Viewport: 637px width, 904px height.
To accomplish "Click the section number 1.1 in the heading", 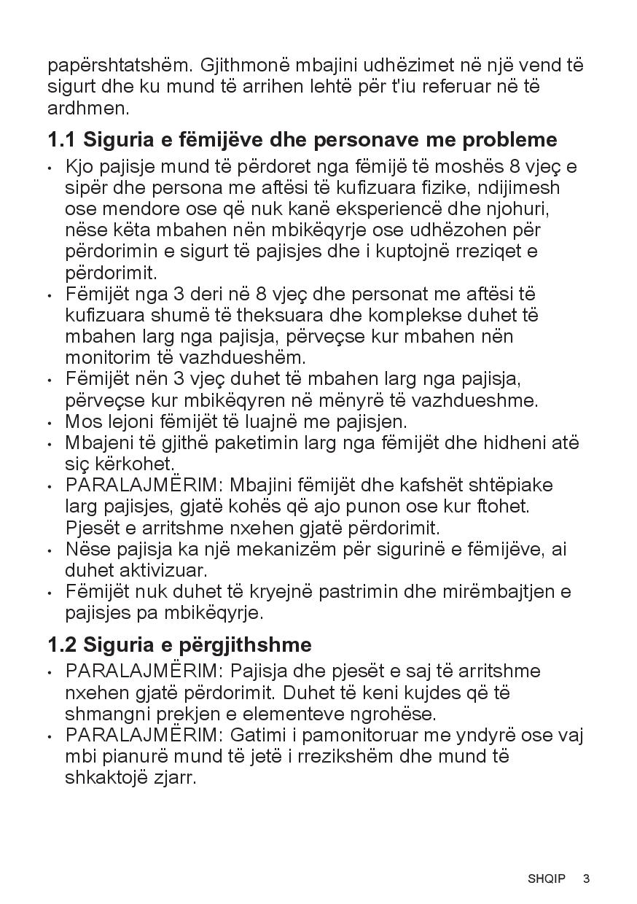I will pos(62,139).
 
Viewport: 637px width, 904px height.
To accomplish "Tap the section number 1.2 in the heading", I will pos(62,644).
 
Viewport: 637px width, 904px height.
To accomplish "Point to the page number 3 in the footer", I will pos(586,878).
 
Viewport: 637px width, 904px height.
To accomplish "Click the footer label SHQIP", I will pos(547,878).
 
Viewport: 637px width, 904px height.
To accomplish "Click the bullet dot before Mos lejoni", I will pos(50,423).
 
